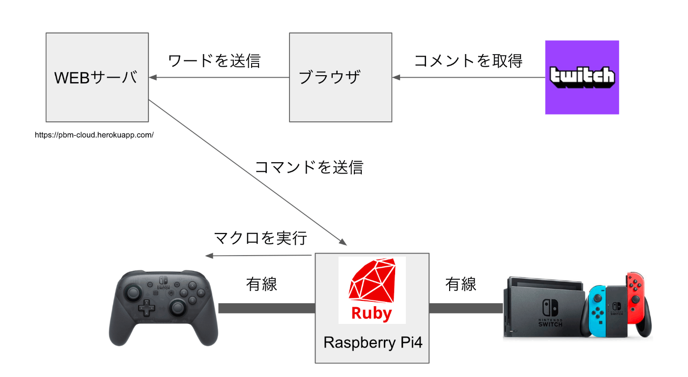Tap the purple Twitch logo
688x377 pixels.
[582, 77]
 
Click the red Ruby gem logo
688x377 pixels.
[372, 290]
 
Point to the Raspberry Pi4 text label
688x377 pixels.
[372, 343]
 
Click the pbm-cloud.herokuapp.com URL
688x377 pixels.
[94, 134]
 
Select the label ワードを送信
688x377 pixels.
[214, 60]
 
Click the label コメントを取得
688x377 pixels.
[468, 60]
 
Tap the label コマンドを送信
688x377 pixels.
[309, 167]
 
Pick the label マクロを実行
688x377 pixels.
[260, 238]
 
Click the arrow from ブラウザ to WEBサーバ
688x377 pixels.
[219, 78]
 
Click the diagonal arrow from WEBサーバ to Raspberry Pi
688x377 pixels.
[246, 172]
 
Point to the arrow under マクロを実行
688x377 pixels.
[258, 256]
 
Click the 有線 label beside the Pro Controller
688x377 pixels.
[261, 284]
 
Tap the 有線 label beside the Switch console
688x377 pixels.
[460, 284]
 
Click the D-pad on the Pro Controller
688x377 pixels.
[146, 309]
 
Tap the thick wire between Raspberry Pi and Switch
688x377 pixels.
[465, 308]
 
